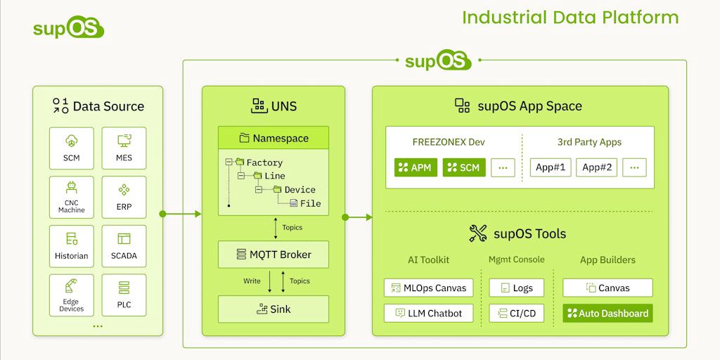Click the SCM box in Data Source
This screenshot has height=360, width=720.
pyautogui.click(x=71, y=148)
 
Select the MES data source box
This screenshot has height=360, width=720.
pyautogui.click(x=124, y=148)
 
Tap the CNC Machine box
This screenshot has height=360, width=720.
pyautogui.click(x=71, y=198)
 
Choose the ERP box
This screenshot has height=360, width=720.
pyautogui.click(x=124, y=198)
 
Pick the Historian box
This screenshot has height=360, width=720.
pyautogui.click(x=71, y=246)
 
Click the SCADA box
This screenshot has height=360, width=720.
pyautogui.click(x=124, y=246)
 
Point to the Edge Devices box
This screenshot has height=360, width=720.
pyautogui.click(x=71, y=295)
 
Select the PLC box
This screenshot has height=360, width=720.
pyautogui.click(x=124, y=295)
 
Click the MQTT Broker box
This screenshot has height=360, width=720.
pyautogui.click(x=273, y=255)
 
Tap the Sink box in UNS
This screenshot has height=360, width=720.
pyautogui.click(x=273, y=309)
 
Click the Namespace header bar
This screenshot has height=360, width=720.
pyautogui.click(x=273, y=138)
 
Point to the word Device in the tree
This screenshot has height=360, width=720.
pyautogui.click(x=300, y=190)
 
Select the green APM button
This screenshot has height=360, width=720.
pyautogui.click(x=416, y=167)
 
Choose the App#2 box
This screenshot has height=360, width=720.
pyautogui.click(x=597, y=167)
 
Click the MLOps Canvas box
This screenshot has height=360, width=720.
pyautogui.click(x=428, y=288)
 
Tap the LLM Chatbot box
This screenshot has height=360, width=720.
pyautogui.click(x=428, y=313)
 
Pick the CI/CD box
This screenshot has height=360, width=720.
pyautogui.click(x=516, y=313)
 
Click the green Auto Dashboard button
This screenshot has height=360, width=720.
pyautogui.click(x=607, y=313)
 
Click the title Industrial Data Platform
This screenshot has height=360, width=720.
pyautogui.click(x=570, y=18)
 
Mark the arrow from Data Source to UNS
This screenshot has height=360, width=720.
pyautogui.click(x=181, y=213)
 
